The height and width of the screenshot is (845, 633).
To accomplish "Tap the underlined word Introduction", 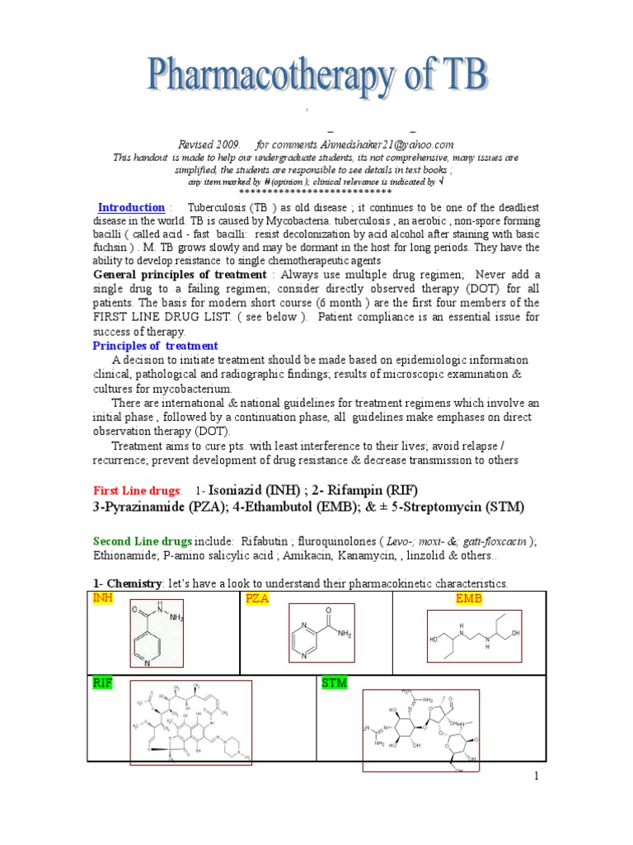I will (x=131, y=208).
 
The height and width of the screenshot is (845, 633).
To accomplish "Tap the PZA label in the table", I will (x=257, y=597).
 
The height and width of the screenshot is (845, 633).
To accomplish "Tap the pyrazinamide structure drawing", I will (x=321, y=633).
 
